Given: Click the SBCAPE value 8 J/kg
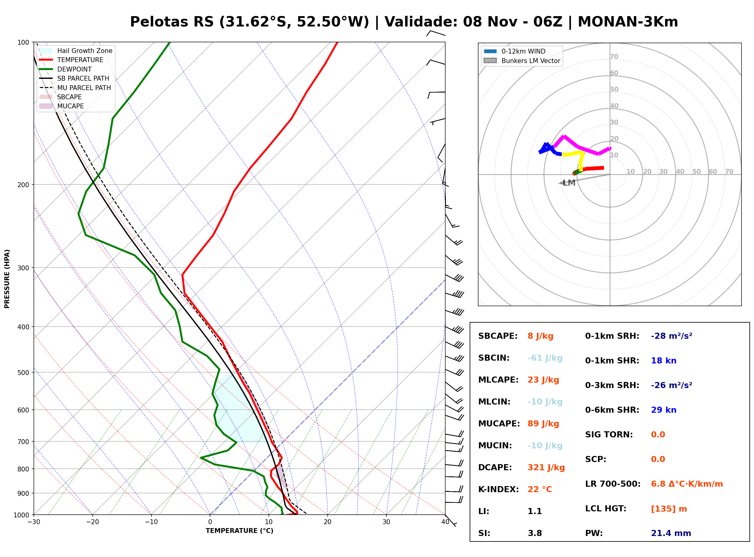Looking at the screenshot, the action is [540, 336].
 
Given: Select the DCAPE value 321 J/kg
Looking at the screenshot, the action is [546, 468].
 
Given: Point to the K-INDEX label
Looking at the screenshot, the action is [499, 489].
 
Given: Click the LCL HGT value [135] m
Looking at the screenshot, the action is [669, 509].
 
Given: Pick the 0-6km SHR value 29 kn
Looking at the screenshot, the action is [663, 410].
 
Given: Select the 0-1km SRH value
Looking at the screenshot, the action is [672, 336].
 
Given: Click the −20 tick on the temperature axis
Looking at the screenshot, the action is [92, 522].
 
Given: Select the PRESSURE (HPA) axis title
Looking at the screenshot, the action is [7, 279].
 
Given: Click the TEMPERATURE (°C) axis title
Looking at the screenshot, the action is [240, 531].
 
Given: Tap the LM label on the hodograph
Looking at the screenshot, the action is [569, 183].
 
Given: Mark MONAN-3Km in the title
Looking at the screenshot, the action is [628, 22].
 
